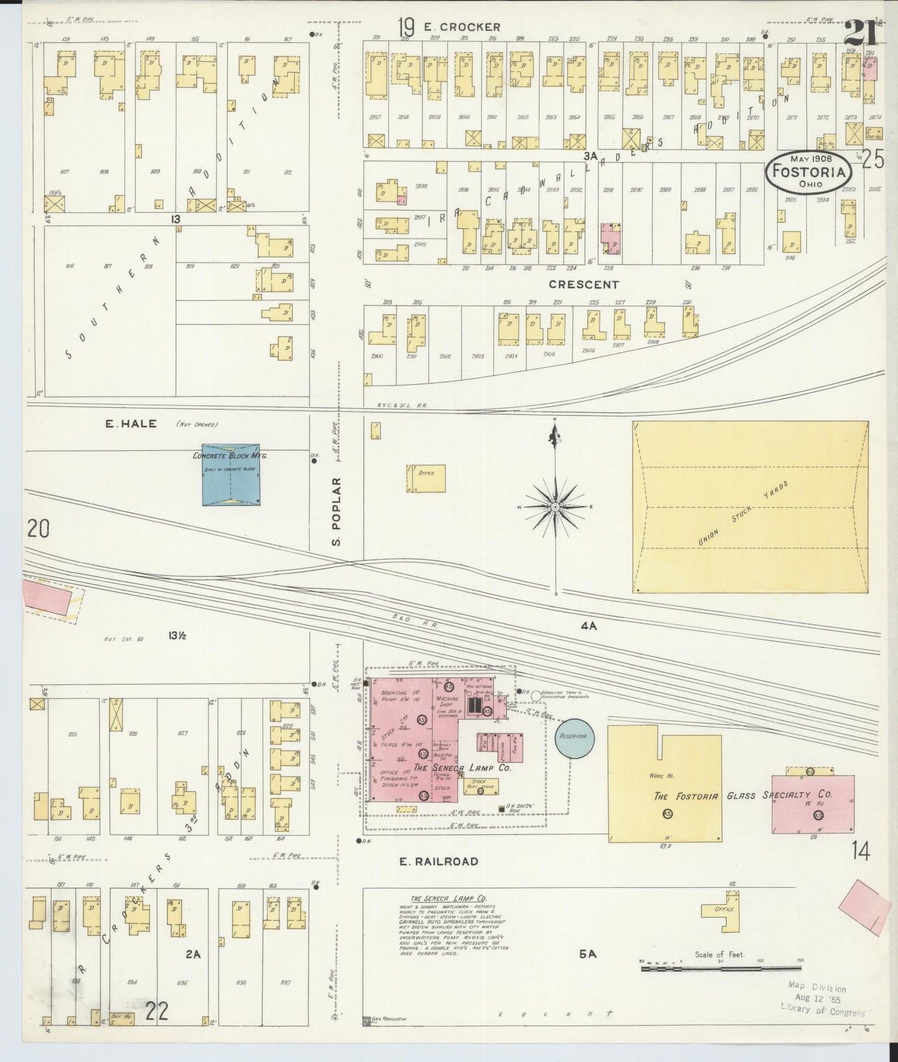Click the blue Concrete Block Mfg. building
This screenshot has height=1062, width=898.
pyautogui.click(x=231, y=474)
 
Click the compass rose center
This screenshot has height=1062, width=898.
pyautogui.click(x=554, y=507)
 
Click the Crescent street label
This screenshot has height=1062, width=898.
pyautogui.click(x=584, y=284)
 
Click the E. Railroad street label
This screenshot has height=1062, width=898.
pyautogui.click(x=439, y=861)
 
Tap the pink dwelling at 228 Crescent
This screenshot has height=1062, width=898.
pyautogui.click(x=612, y=239)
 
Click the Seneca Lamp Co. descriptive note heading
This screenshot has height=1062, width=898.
pyautogui.click(x=439, y=899)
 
